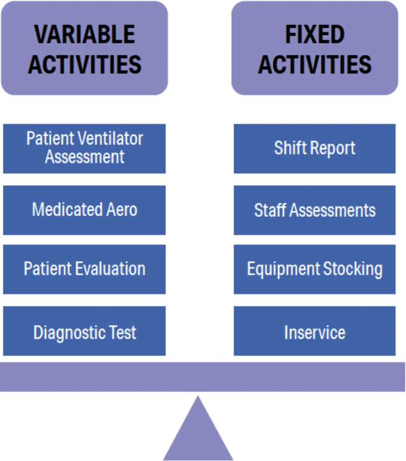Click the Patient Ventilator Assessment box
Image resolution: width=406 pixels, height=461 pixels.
(84, 148)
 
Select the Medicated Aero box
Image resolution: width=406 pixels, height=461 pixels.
(84, 210)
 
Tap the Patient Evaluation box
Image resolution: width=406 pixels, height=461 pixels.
(84, 269)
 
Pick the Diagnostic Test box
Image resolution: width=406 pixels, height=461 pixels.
(84, 332)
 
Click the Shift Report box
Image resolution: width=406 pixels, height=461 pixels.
(314, 148)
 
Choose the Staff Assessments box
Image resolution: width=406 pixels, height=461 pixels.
(314, 210)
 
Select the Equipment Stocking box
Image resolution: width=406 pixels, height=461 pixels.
(314, 269)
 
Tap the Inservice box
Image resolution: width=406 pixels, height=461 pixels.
(314, 332)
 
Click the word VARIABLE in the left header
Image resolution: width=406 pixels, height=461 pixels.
(85, 35)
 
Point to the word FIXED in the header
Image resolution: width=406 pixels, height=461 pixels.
(315, 35)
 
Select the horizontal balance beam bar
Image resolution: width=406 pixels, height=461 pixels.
(202, 376)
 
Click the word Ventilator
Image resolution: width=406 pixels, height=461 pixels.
(111, 139)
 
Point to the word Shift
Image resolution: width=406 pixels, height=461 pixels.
(290, 148)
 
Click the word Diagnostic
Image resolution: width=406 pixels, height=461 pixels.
(65, 332)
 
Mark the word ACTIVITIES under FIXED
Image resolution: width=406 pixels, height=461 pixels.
(315, 64)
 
